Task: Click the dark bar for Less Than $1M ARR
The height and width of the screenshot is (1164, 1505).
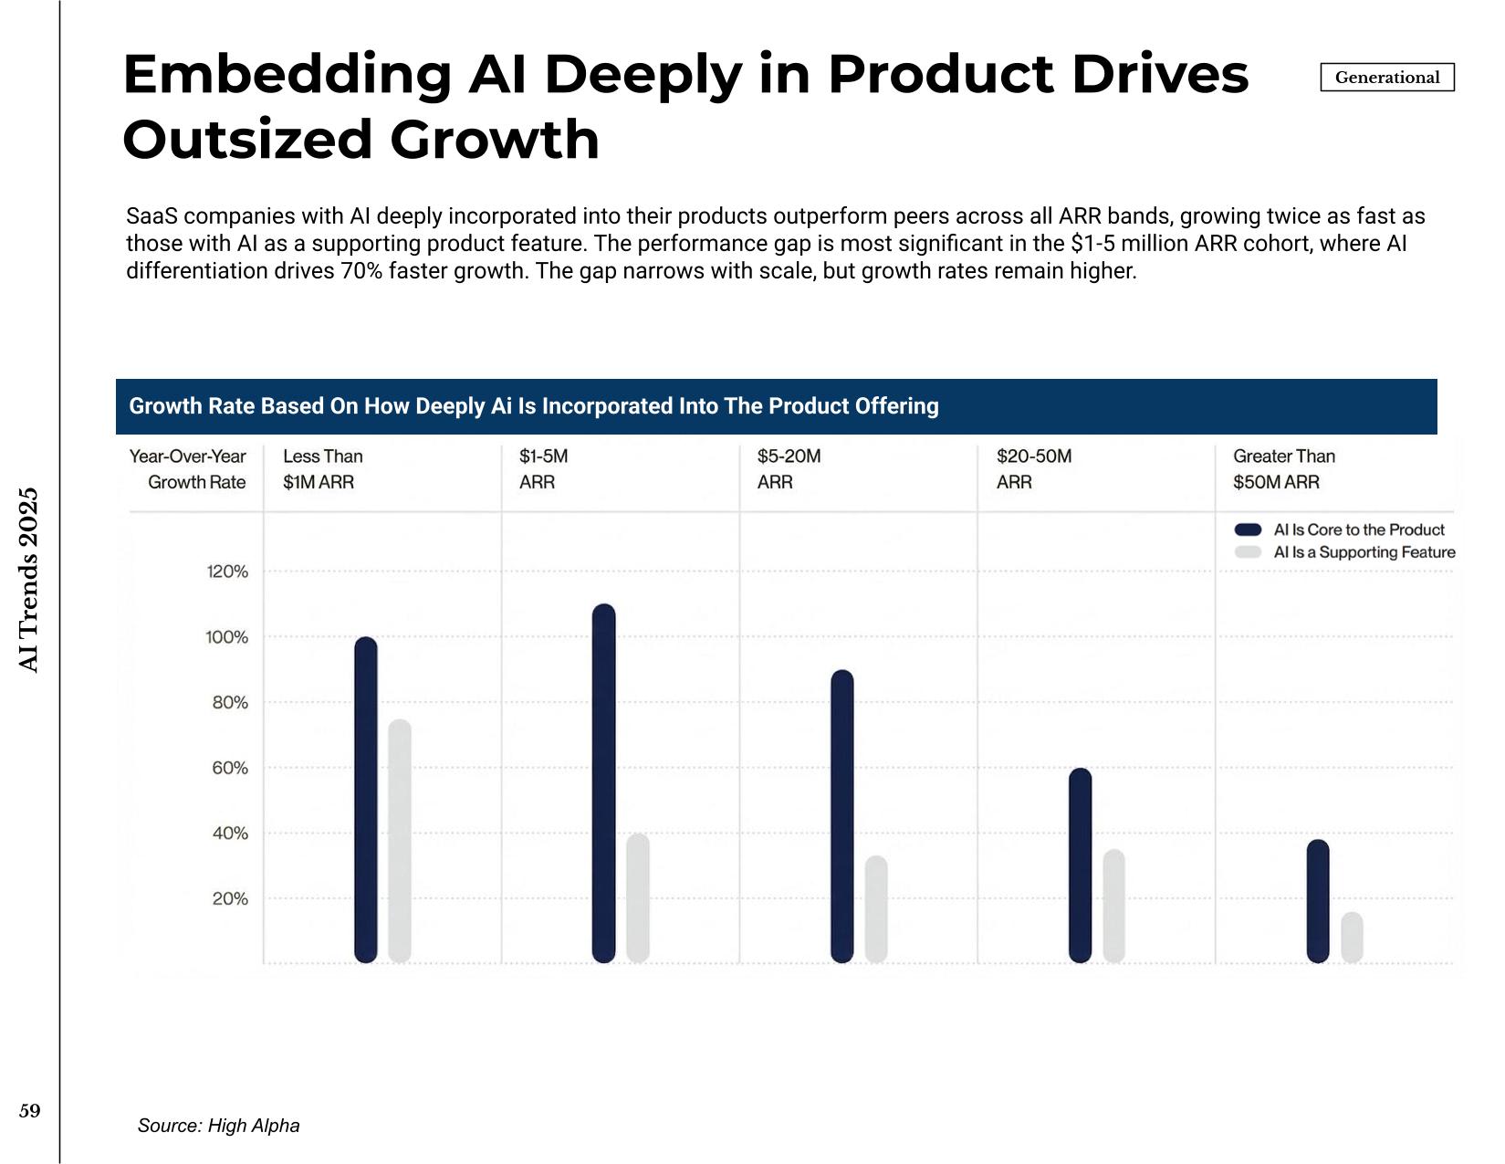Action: tap(366, 799)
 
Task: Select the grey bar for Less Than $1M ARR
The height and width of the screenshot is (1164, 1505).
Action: tap(400, 841)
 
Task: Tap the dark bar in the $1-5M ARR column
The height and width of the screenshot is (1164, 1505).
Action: tap(604, 783)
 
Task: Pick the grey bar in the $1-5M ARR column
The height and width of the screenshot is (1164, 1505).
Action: tap(638, 897)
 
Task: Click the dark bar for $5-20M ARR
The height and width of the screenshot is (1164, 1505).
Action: tap(842, 815)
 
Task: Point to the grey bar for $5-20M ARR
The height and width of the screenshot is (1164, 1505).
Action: tap(876, 908)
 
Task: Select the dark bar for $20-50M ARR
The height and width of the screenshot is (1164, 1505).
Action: tap(1081, 865)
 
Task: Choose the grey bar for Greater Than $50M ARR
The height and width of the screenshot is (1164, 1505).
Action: tap(1352, 937)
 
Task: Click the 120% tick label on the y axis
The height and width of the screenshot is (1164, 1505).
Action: tap(227, 572)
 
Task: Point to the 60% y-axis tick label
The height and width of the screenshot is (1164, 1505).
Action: tap(230, 767)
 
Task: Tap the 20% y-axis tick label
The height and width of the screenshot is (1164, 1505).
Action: tap(230, 898)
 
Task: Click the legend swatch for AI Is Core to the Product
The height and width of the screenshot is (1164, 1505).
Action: tap(1248, 530)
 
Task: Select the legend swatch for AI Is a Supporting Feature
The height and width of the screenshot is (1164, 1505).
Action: tap(1248, 552)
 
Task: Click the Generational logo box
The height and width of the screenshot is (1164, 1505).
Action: tap(1387, 77)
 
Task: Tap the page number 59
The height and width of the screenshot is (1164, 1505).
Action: tap(29, 1111)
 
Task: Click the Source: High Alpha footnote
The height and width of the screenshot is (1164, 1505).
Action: tap(219, 1126)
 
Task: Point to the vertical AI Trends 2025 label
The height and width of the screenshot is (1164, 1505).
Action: tap(27, 580)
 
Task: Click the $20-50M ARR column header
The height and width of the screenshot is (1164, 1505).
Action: tap(1034, 468)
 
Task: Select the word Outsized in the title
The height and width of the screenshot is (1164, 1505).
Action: tap(248, 139)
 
